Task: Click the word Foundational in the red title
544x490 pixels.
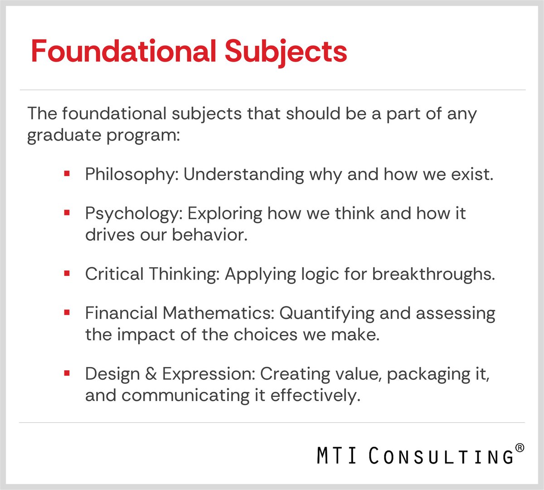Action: coord(123,51)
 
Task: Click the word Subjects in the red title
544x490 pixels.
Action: coord(286,52)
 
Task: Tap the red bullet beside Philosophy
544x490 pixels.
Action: coord(67,174)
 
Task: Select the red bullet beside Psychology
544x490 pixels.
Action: coord(67,212)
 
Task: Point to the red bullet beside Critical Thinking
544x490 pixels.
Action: coord(67,274)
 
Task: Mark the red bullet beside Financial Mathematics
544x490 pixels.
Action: coord(67,313)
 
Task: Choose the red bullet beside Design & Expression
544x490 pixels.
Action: coord(67,373)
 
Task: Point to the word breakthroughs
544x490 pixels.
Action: coord(433,274)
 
